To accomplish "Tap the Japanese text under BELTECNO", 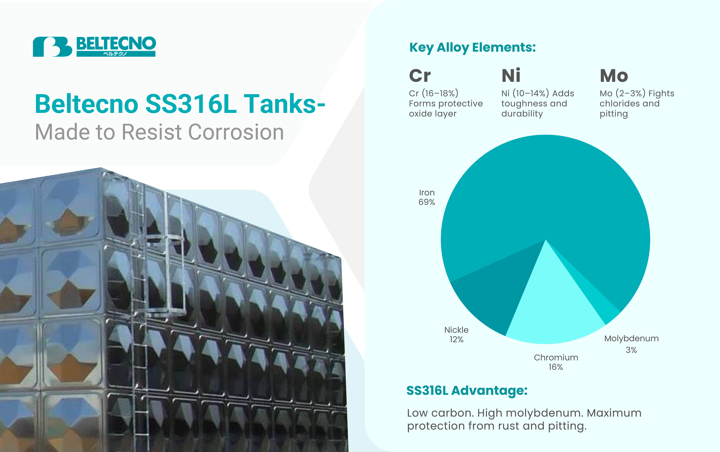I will [115, 54].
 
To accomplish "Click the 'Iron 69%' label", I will [427, 197].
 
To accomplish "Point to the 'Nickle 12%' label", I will [456, 334].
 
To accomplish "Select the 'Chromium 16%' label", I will [556, 362].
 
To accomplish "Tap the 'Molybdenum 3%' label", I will [631, 344].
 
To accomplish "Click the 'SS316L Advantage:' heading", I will [467, 390].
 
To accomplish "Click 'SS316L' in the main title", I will [191, 104].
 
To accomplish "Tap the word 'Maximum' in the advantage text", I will [614, 413].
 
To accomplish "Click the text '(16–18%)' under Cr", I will [440, 93].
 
